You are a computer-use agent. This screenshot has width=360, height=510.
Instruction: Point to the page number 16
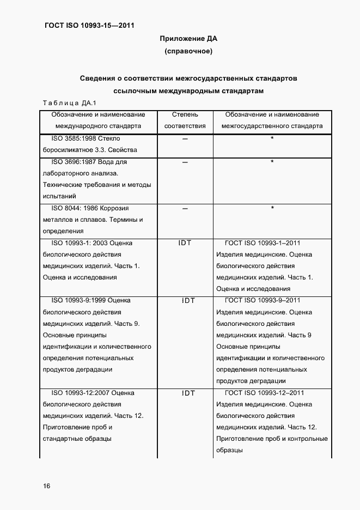[46, 485]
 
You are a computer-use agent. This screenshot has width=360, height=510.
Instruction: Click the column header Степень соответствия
[185, 120]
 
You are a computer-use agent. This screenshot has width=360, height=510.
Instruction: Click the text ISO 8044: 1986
[75, 208]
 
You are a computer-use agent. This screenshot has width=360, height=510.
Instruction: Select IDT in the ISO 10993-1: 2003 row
[185, 243]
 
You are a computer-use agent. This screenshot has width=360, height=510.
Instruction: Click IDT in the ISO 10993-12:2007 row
[185, 393]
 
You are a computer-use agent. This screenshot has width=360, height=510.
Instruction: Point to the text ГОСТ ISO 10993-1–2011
[262, 243]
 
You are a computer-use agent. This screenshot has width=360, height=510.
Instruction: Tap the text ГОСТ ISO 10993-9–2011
[262, 300]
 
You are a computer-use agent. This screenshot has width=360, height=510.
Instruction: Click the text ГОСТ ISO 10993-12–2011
[264, 392]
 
